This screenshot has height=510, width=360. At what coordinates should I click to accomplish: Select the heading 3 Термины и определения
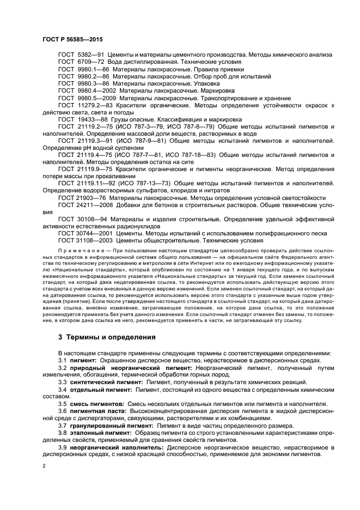[106, 337]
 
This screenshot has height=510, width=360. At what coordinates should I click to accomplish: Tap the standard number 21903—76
[92, 197]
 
